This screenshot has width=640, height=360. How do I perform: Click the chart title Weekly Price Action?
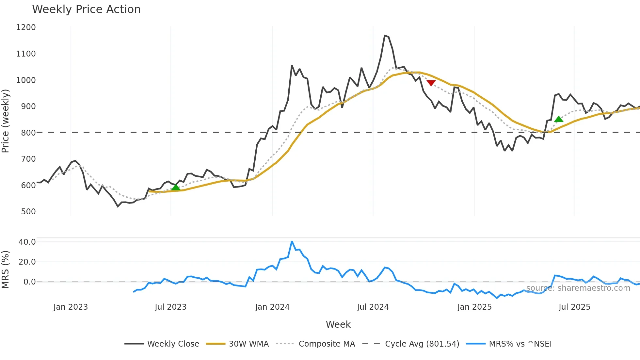coord(86,9)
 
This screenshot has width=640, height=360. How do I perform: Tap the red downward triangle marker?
coord(431,83)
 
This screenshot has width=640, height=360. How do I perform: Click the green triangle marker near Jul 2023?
coord(176,187)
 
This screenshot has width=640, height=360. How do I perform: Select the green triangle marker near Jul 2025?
coord(559,119)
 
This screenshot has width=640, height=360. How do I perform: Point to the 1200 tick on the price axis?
coord(26,27)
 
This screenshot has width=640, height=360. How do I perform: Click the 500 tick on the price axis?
coord(28,212)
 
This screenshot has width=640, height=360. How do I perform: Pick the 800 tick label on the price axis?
coord(28,133)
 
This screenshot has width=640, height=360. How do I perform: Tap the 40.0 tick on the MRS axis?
coord(27,242)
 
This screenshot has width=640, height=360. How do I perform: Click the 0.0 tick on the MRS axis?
coord(29,282)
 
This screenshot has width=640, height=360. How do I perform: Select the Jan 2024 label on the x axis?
coord(272,307)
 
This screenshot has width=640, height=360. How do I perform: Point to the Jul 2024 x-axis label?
coord(373,307)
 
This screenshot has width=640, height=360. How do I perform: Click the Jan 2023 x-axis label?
coord(71,307)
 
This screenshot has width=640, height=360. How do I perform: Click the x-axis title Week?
coord(338,324)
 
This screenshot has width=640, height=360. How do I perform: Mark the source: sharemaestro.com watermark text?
coord(578,288)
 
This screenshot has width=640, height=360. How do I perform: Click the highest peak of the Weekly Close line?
coord(385,35)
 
